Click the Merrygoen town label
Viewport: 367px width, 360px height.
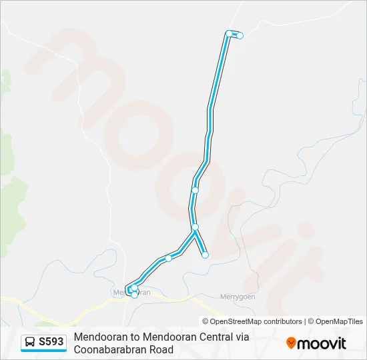(238, 297)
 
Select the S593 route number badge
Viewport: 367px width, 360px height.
(51, 342)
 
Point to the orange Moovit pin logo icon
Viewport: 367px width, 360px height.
(291, 343)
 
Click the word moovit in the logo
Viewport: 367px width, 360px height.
(322, 343)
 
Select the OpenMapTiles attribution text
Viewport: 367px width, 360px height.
(338, 321)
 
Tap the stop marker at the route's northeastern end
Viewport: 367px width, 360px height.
(240, 35)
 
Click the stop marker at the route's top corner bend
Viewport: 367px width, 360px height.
(229, 33)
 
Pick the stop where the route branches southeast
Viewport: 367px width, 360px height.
(195, 227)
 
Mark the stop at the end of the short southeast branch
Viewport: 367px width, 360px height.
(205, 255)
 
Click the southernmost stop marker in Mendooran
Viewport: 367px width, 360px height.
(135, 295)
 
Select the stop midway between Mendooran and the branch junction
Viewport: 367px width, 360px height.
(168, 258)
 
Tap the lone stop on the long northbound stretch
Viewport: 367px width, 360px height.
(195, 190)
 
